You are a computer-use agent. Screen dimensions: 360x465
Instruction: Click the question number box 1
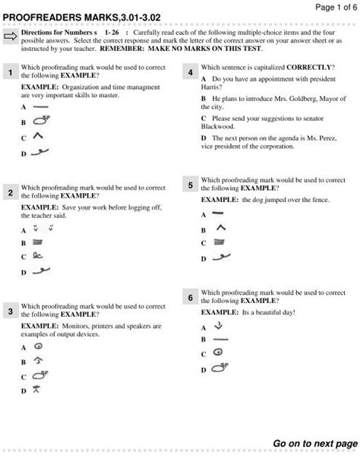11,73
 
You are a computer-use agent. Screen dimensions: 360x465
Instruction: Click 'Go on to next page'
308,443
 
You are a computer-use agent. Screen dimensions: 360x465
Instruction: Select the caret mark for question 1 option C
36,137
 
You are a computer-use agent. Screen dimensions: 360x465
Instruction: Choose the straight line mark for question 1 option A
36,108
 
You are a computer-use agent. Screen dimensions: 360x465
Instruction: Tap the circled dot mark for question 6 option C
217,353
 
